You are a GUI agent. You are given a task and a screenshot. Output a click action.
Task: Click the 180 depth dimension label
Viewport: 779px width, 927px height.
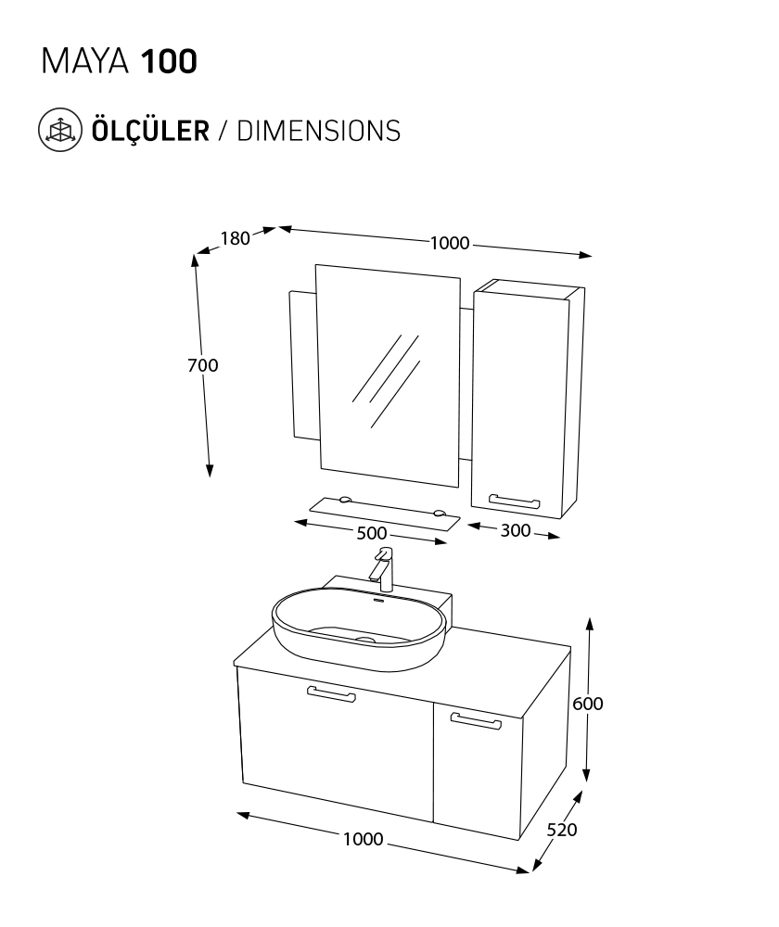[x=236, y=238]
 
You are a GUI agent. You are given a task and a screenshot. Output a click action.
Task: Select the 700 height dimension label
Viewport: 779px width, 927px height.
[x=203, y=365]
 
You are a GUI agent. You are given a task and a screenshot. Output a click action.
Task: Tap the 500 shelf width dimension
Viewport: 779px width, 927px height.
[x=371, y=533]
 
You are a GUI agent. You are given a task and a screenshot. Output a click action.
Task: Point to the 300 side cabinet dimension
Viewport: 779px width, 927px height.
[x=515, y=531]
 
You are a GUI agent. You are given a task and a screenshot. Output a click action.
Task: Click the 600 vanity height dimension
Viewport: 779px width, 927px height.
[x=588, y=704]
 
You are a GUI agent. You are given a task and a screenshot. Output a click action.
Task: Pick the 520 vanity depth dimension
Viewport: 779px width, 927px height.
[x=561, y=831]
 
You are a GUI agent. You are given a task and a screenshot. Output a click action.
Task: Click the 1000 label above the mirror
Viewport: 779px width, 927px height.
[x=450, y=243]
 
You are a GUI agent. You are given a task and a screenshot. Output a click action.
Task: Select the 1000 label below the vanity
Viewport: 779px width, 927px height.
[x=363, y=839]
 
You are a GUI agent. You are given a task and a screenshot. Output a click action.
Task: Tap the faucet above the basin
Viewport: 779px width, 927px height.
[x=384, y=569]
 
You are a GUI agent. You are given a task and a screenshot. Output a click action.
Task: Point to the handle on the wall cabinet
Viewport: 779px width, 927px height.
[x=514, y=502]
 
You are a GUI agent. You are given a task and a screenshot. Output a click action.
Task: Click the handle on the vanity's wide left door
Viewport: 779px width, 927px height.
[x=330, y=694]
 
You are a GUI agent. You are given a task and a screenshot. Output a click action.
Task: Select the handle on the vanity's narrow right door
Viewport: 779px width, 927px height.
[x=475, y=719]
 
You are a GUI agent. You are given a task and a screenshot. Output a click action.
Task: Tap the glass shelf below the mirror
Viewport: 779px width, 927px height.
[x=384, y=513]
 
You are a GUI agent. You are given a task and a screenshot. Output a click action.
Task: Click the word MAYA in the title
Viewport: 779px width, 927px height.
[x=87, y=62]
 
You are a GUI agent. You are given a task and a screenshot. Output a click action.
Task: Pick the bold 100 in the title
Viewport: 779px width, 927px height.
[x=169, y=62]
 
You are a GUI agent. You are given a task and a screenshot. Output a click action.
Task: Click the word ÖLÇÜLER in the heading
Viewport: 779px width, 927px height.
[x=148, y=130]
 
